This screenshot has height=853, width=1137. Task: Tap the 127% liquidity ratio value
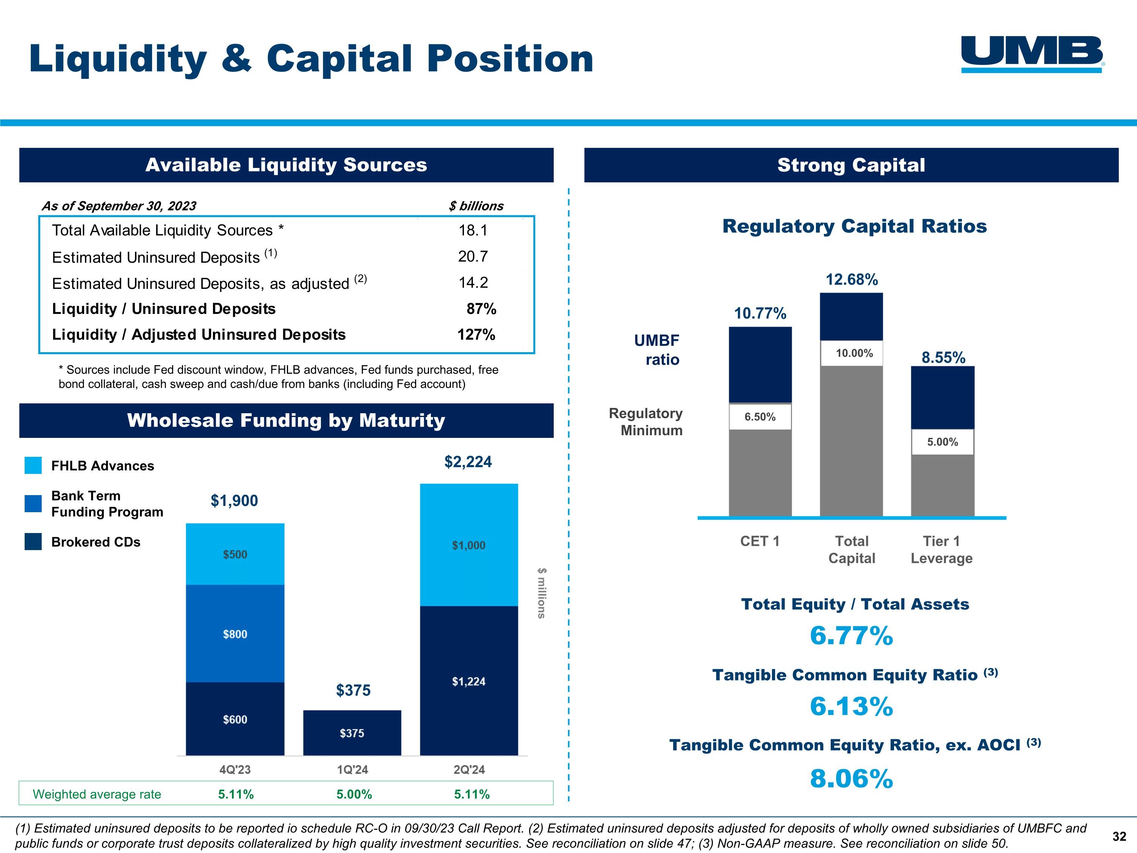click(x=476, y=335)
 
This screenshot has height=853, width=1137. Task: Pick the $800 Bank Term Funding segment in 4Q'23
click(x=235, y=634)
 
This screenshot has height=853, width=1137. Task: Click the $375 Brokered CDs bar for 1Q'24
click(x=352, y=733)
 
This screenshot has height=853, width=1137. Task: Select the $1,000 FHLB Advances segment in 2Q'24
click(x=468, y=545)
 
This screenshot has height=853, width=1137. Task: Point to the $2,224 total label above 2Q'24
click(x=468, y=462)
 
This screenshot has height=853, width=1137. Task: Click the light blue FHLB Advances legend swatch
click(x=33, y=465)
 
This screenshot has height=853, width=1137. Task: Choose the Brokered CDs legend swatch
click(x=33, y=541)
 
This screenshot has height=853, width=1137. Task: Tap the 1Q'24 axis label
click(x=352, y=770)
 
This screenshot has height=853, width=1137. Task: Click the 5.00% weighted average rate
click(x=354, y=794)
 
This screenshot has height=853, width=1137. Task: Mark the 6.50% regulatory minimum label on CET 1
click(x=760, y=417)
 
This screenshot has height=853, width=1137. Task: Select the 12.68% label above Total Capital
click(x=851, y=280)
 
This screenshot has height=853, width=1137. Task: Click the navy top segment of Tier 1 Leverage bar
click(x=942, y=397)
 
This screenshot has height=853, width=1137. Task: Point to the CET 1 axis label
click(x=760, y=541)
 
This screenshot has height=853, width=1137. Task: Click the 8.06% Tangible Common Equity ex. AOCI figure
click(x=851, y=778)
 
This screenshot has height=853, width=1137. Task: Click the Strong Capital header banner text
click(x=851, y=165)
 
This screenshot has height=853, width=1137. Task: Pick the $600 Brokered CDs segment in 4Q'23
click(x=235, y=719)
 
